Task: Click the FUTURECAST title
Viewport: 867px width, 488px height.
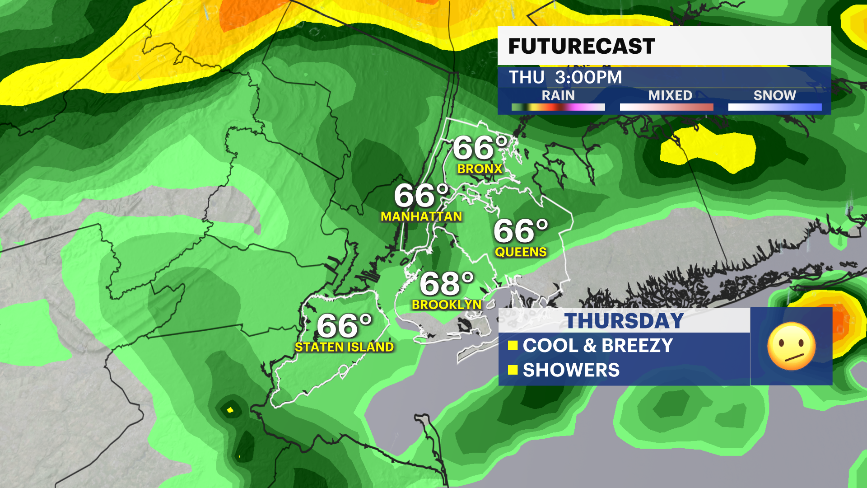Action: point(582,46)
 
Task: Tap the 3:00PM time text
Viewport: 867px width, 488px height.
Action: point(588,77)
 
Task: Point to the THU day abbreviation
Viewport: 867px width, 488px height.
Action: point(527,77)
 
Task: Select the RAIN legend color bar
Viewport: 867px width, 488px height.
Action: point(558,107)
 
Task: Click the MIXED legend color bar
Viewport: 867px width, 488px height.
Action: point(667,107)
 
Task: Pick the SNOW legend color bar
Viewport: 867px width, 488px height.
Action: point(775,107)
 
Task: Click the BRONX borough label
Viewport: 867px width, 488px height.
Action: point(480,169)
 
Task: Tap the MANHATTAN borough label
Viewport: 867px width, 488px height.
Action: point(421,217)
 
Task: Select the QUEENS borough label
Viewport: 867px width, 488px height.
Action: point(521,252)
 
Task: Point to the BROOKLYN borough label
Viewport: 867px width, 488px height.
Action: point(447,305)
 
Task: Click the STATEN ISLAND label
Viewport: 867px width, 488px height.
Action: point(344,347)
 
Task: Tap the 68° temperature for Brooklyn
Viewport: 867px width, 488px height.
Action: point(447,284)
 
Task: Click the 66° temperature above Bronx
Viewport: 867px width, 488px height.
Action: point(480,148)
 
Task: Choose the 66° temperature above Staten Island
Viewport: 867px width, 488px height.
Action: point(344,326)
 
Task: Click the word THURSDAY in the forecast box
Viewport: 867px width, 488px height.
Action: point(624,321)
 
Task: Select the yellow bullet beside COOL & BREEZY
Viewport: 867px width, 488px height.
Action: point(513,346)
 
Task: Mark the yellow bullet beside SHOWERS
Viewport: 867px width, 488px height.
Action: point(513,370)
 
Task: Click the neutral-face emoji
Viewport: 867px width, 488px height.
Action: point(791,347)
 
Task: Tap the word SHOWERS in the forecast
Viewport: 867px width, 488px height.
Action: point(571,370)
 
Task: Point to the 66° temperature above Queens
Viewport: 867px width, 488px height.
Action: point(521,231)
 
